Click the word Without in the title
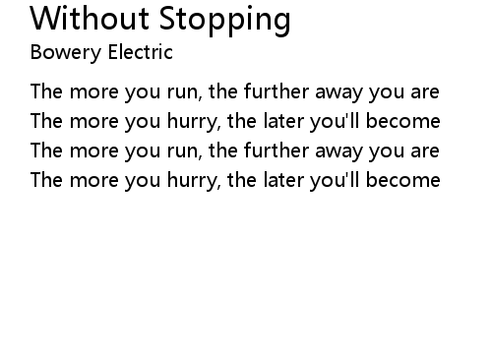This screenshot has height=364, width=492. coord(90,19)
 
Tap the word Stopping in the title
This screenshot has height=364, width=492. coord(225,21)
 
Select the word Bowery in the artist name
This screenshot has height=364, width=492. coord(66,53)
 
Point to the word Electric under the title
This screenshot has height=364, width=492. coord(141,52)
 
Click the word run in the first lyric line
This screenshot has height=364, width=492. coord(183,92)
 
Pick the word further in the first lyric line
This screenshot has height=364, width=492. coord(277,91)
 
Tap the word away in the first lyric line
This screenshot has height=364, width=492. coord(338,93)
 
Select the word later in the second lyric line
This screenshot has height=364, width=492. coord(283,121)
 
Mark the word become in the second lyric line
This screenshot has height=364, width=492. coord(402,121)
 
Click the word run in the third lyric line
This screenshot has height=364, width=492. coord(183,152)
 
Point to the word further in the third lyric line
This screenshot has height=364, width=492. coord(277,151)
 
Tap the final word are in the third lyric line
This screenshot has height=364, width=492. coord(425,152)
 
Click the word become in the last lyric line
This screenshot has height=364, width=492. coord(402,180)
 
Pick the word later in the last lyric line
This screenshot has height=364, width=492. coord(283,180)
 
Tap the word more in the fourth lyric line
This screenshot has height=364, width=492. coord(93,181)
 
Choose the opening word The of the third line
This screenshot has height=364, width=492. coord(46,151)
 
